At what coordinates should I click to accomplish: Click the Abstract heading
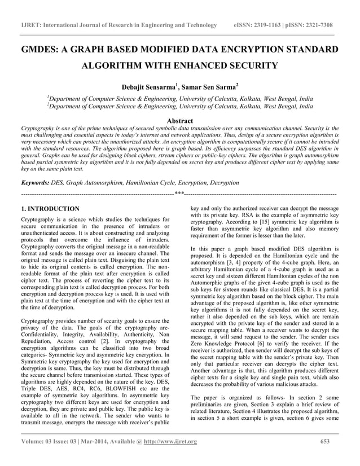[x=180, y=121]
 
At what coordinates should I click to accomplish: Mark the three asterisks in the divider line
[x=180, y=194]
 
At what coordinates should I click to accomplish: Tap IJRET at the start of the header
[x=32, y=25]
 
